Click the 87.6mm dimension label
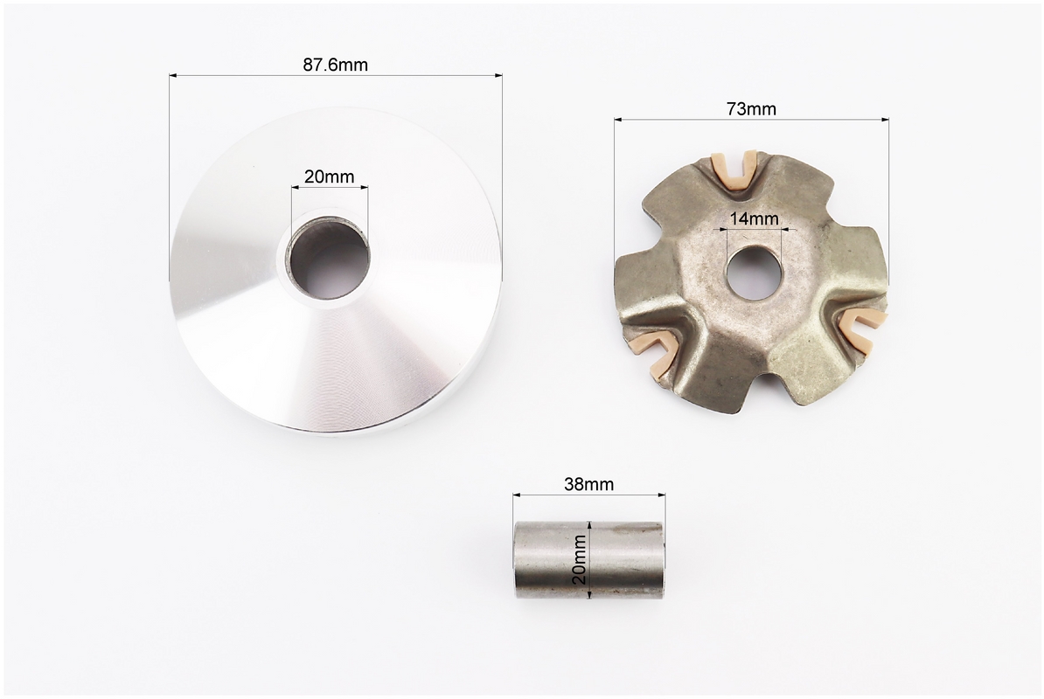point(335,65)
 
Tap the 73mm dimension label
point(751,109)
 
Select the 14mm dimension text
point(754,218)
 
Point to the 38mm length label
point(588,484)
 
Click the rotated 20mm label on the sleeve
point(580,559)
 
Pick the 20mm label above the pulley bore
point(329,176)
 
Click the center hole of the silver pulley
point(330,260)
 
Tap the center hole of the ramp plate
point(753,273)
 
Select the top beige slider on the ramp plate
point(734,170)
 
